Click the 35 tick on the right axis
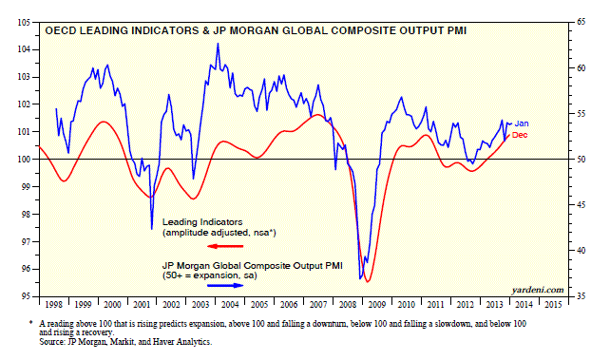[x=578, y=295]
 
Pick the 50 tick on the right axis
[x=578, y=159]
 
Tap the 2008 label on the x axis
[x=347, y=307]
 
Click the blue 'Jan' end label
[x=523, y=123]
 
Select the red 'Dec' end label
[x=521, y=136]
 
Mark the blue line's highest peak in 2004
[x=218, y=44]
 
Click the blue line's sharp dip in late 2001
[x=151, y=228]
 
